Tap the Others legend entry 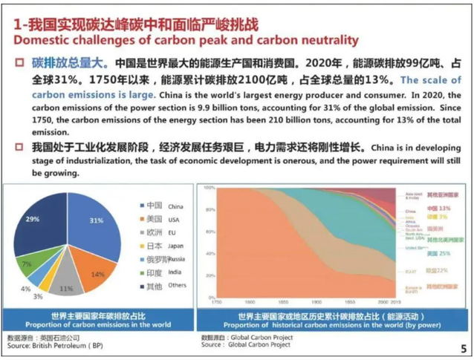(x=158, y=287)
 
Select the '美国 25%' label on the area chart (x=436, y=253)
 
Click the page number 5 (x=463, y=348)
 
